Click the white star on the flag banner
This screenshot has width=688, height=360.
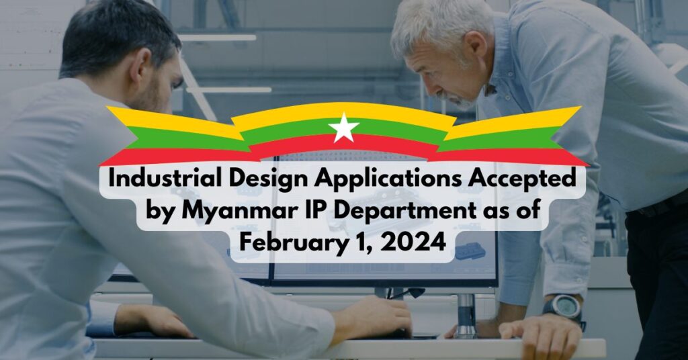click(343, 128)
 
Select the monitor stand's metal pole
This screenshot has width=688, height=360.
click(466, 316)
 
